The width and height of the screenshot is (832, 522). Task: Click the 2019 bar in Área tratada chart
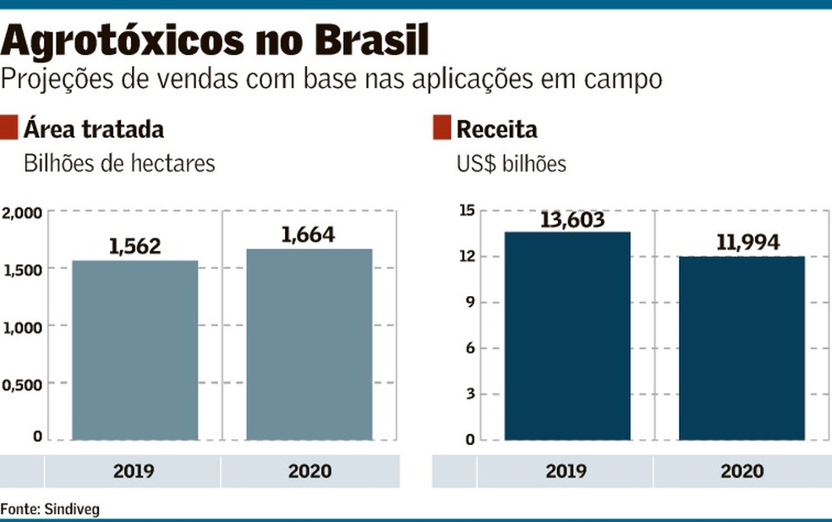tap(135, 350)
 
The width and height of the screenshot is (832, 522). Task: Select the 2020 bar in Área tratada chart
tap(309, 344)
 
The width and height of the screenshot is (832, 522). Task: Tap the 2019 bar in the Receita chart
tap(567, 336)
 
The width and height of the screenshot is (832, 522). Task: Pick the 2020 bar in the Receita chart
tap(742, 348)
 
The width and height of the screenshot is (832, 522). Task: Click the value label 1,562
tap(134, 246)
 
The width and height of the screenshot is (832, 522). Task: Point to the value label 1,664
tap(308, 234)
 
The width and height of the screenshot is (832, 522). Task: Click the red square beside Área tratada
tap(8, 129)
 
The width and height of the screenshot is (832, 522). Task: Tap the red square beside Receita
tap(441, 129)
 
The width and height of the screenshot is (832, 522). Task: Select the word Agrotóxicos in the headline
tap(116, 40)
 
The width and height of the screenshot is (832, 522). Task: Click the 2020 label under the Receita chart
tap(742, 471)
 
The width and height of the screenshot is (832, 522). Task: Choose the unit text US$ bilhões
tap(511, 163)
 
